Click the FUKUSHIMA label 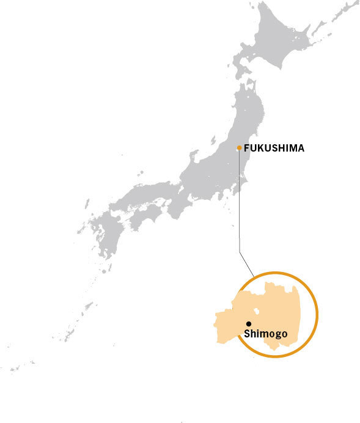[274, 148]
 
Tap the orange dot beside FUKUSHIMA [239, 147]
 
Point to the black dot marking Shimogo [249, 323]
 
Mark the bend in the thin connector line [240, 251]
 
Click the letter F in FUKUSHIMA [246, 148]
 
